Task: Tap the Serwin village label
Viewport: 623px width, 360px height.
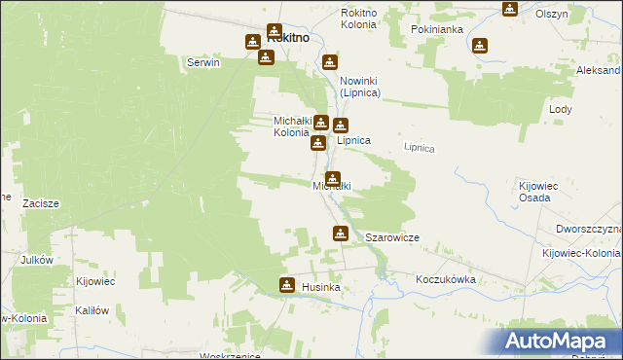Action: point(204,62)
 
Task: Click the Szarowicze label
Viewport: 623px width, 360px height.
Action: point(391,237)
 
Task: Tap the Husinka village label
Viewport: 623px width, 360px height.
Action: point(319,288)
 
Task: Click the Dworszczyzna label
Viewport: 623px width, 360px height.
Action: point(589,228)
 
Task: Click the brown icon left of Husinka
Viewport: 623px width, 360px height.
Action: point(287,285)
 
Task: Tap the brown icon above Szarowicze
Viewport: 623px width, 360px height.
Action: point(340,233)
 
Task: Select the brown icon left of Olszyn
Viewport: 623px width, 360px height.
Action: point(510,9)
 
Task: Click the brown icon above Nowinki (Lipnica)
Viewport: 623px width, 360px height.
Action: point(330,62)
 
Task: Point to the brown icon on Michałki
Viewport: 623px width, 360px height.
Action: point(334,178)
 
